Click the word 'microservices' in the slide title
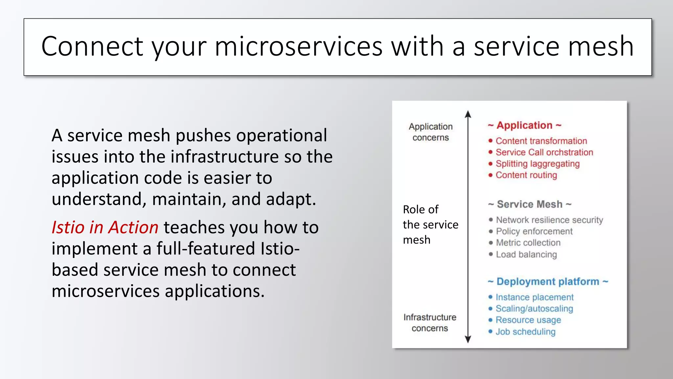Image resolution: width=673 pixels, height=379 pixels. tap(298, 46)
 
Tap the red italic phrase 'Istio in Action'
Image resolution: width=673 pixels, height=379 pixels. tap(105, 227)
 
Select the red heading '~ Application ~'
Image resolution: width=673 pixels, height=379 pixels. tap(524, 125)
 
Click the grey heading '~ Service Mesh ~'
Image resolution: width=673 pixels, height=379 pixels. tap(529, 204)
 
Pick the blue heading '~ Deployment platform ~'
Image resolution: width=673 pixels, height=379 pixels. tap(548, 282)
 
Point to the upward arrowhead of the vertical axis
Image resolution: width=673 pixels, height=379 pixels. tap(468, 114)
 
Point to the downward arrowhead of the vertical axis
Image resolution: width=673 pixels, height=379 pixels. tap(468, 339)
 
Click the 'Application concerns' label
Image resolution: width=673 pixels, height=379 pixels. tap(430, 132)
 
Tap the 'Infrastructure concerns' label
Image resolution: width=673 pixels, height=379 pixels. tap(430, 323)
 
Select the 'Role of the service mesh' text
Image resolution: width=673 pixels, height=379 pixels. tap(430, 225)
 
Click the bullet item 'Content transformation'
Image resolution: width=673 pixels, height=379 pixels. tap(541, 141)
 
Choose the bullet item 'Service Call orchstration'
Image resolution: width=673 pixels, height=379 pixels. tap(544, 152)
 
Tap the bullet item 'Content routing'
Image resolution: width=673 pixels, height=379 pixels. tap(526, 175)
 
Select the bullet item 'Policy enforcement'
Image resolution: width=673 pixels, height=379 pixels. tap(534, 231)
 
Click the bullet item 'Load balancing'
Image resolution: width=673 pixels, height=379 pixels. tap(526, 254)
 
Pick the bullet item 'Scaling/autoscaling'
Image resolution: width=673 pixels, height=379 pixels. tap(534, 309)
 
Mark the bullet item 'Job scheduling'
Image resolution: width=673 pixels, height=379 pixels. tap(525, 332)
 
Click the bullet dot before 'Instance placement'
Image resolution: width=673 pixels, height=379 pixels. tap(491, 297)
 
